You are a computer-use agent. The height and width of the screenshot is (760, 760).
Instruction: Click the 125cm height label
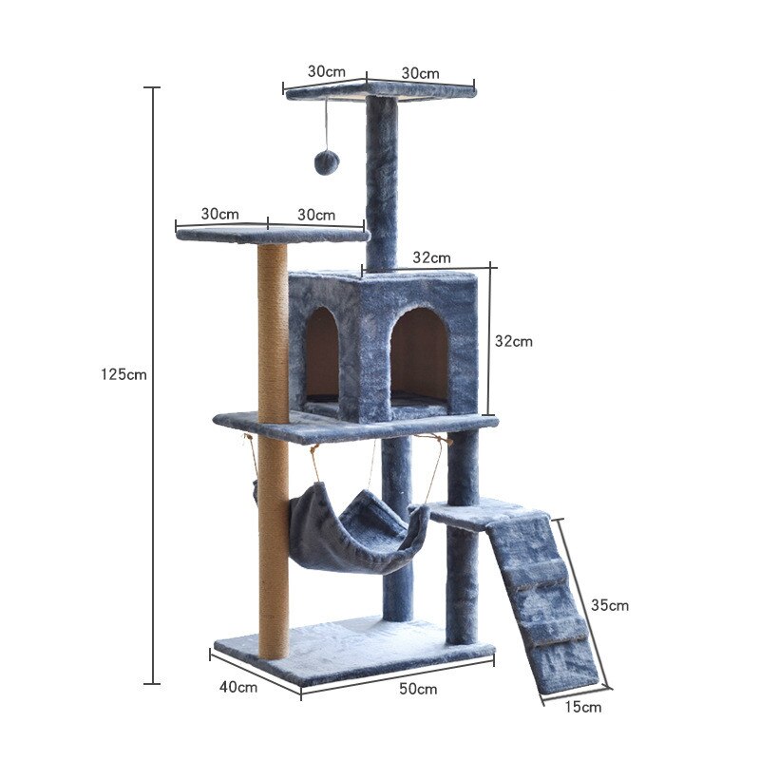123,374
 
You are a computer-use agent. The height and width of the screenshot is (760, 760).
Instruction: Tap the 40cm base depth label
238,686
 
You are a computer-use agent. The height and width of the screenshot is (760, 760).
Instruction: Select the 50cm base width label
418,689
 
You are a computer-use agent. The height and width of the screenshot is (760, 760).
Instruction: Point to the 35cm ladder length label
609,605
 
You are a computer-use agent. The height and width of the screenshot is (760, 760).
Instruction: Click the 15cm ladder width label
582,707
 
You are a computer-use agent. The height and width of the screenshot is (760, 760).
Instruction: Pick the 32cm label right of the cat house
514,341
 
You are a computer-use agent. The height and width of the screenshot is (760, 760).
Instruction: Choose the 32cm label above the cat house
431,257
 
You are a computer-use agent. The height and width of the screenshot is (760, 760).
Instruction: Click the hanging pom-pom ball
326,162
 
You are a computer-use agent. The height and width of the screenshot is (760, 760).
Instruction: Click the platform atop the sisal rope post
272,235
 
